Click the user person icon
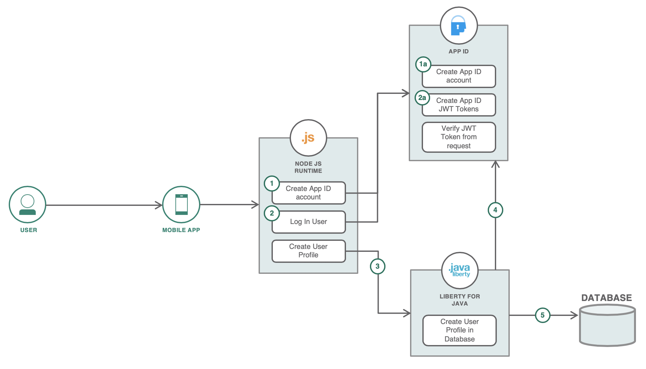point(28,205)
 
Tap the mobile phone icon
point(181,205)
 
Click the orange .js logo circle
point(308,138)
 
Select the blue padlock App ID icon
point(459,26)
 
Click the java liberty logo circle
point(460,271)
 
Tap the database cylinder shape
point(607,326)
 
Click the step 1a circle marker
point(423,64)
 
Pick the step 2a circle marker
point(422,98)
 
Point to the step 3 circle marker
point(377,266)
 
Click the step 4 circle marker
point(495,210)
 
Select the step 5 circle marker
point(542,315)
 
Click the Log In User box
point(308,222)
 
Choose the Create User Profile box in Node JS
point(308,251)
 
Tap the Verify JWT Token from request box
point(459,137)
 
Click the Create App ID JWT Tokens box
point(459,105)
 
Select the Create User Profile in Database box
point(460,330)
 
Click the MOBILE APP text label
point(181,230)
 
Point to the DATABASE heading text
point(607,298)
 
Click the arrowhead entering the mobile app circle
point(159,205)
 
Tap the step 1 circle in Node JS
point(272,184)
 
